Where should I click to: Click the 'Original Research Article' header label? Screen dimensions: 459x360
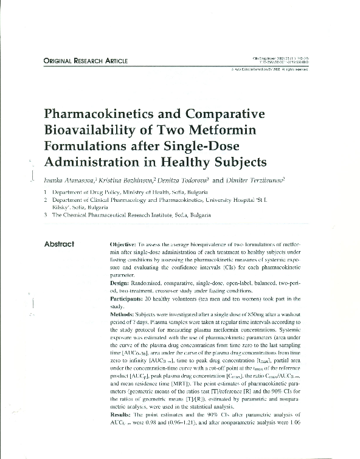[85, 61]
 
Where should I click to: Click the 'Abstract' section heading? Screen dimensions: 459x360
[59, 244]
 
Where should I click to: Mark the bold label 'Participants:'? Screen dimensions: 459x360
[128, 299]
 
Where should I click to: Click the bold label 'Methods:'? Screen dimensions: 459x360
[122, 315]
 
